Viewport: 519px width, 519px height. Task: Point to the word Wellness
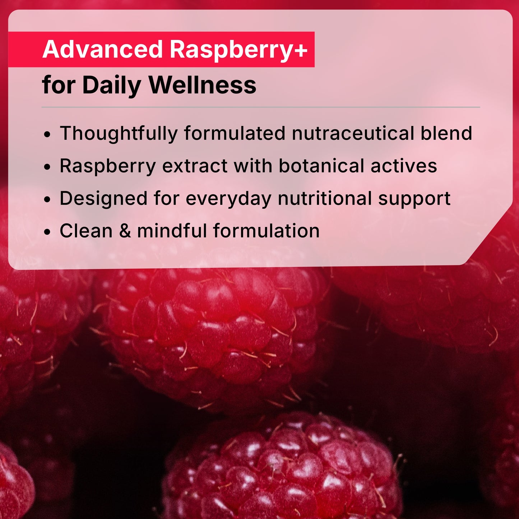pyautogui.click(x=202, y=85)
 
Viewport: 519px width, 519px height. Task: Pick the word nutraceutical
pyautogui.click(x=353, y=133)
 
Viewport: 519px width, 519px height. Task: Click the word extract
pyautogui.click(x=195, y=166)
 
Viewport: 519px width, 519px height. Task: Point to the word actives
pyautogui.click(x=404, y=166)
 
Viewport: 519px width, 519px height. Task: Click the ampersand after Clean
pyautogui.click(x=125, y=231)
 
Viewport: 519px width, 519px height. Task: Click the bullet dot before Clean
pyautogui.click(x=47, y=232)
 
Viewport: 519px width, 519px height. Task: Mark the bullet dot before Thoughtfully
pyautogui.click(x=47, y=135)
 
